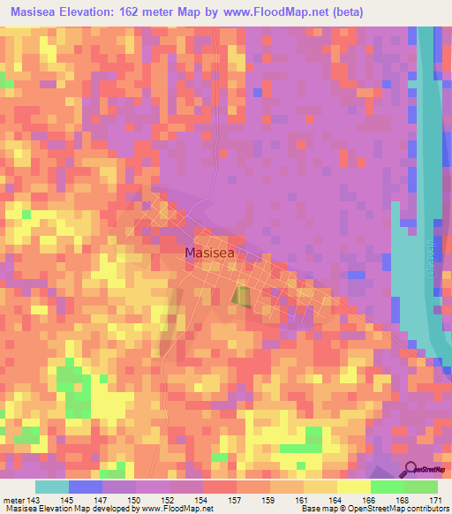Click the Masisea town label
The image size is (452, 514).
[x=209, y=253]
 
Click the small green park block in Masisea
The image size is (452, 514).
[x=241, y=295]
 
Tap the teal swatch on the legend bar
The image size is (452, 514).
[x=52, y=487]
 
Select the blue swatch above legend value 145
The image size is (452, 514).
[x=86, y=487]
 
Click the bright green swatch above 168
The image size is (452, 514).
[x=388, y=487]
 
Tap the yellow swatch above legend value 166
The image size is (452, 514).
[x=354, y=487]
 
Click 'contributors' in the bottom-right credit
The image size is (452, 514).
[x=428, y=509]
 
